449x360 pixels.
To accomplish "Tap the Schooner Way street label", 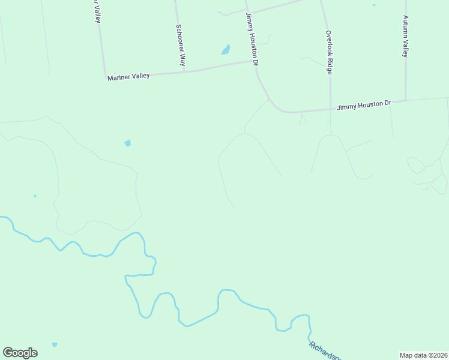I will click(179, 44).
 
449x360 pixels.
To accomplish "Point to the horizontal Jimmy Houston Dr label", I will click(364, 105).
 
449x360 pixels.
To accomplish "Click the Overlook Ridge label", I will click(329, 52).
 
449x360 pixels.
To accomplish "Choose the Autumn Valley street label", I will click(406, 36).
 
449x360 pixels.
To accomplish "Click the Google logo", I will click(20, 353).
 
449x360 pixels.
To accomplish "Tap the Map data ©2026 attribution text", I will click(423, 355).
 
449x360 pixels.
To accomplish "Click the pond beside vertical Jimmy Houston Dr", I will click(226, 50).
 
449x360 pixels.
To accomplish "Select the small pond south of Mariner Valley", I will click(127, 143).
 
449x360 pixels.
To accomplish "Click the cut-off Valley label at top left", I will click(96, 11).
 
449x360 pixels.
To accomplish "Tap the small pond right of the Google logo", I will click(55, 344).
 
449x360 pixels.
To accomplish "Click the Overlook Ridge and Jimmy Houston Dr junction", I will click(330, 109).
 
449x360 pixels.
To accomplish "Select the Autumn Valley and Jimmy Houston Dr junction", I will click(406, 101).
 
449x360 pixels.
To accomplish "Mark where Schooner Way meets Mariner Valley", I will click(184, 72).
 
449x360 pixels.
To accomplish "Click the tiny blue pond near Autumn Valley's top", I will click(373, 5).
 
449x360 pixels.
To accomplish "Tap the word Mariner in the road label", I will click(118, 78).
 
